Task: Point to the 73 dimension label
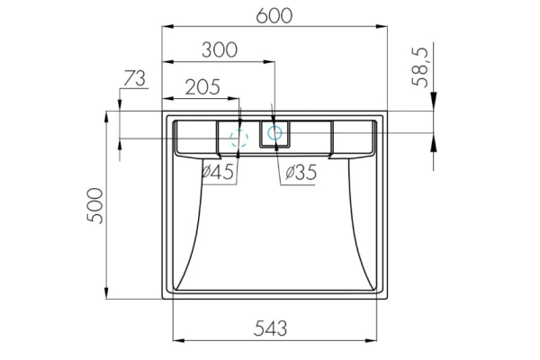[x=133, y=79]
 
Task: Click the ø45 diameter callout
[x=219, y=172]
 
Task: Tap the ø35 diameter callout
[x=297, y=172]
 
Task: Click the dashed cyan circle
[x=239, y=139]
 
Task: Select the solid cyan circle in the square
[x=274, y=133]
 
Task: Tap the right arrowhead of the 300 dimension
[x=269, y=62]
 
